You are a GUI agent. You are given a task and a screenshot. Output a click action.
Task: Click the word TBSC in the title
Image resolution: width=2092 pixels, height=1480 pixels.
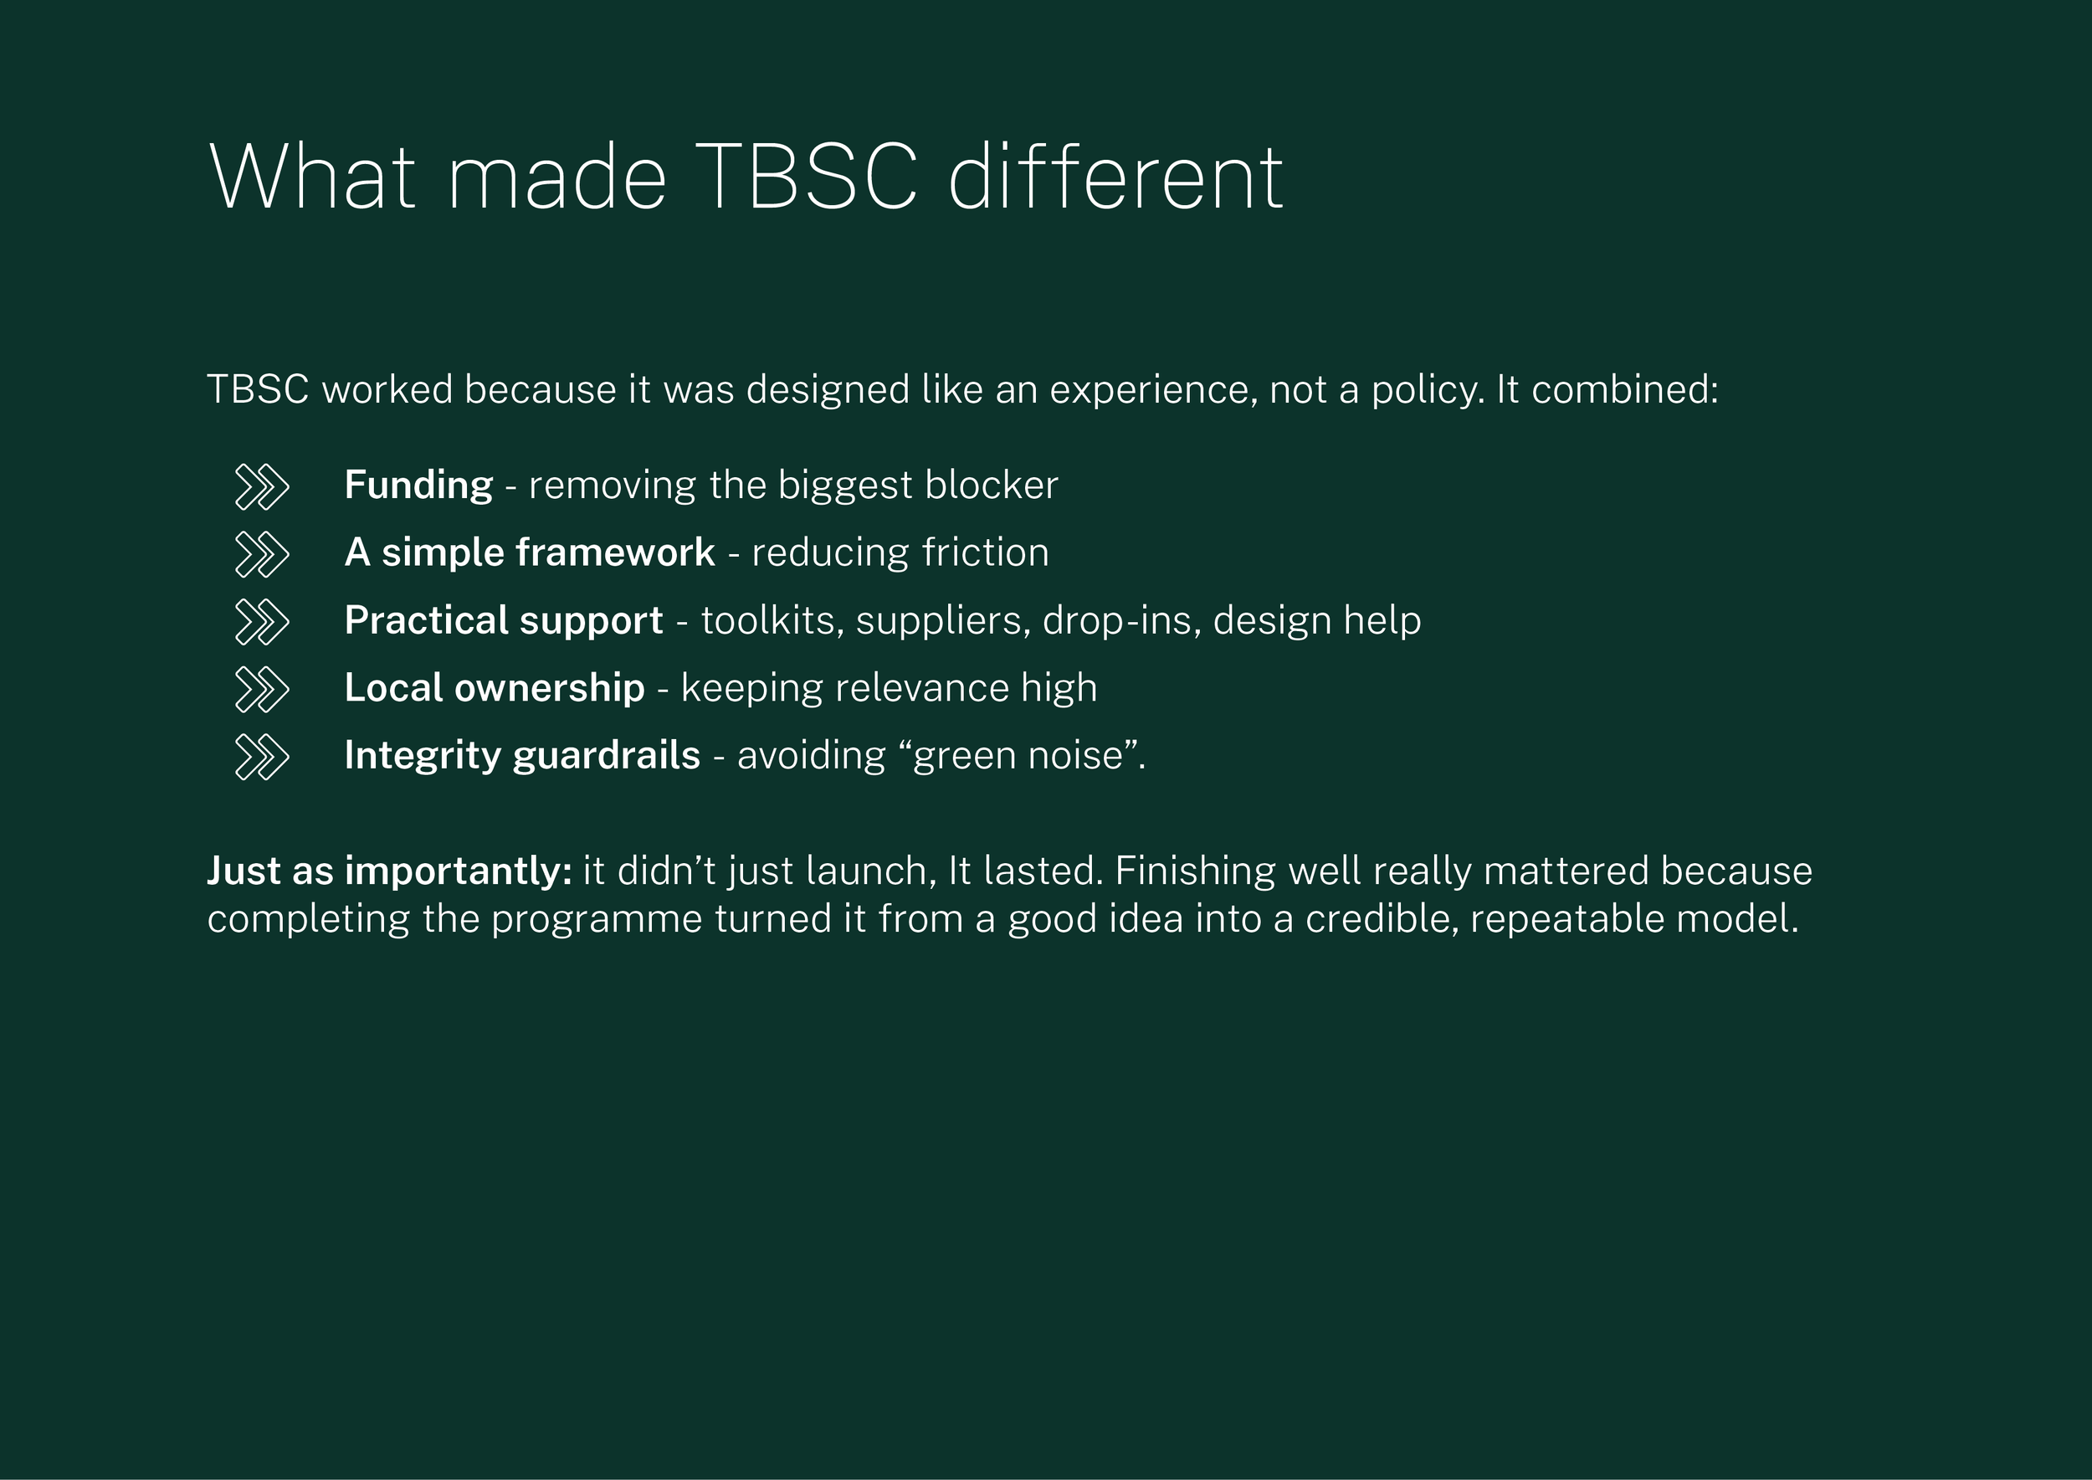point(810,177)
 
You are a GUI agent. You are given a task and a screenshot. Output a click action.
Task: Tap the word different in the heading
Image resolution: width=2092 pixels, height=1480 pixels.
point(1115,177)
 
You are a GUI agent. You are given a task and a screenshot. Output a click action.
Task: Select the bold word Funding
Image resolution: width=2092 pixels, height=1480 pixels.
point(418,485)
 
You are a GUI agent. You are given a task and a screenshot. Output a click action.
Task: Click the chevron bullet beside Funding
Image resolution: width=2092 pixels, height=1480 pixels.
point(261,486)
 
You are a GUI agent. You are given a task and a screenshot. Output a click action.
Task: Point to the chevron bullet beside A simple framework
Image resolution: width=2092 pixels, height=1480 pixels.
point(261,554)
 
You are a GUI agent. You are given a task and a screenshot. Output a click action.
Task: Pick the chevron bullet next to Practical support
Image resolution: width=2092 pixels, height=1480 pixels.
point(261,621)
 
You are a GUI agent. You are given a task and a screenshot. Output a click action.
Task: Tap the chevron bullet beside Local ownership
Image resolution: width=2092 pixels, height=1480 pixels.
point(261,689)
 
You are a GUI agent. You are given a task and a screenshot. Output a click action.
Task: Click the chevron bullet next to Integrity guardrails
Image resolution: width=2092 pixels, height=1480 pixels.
point(261,757)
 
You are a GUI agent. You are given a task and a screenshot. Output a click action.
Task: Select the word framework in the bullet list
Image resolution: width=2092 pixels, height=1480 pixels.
point(615,552)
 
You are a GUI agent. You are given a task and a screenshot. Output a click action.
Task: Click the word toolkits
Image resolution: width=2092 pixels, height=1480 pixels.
point(772,620)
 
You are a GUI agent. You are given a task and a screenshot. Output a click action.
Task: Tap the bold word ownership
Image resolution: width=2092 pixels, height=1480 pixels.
point(550,688)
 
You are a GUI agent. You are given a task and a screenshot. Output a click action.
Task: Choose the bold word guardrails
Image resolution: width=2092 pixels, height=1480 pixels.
point(606,756)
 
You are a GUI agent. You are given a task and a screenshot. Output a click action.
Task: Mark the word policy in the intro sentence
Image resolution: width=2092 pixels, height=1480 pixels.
point(1427,390)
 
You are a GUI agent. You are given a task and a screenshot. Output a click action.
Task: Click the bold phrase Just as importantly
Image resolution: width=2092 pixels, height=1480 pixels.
point(389,871)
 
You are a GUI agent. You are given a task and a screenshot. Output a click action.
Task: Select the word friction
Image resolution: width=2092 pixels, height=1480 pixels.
point(985,552)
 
